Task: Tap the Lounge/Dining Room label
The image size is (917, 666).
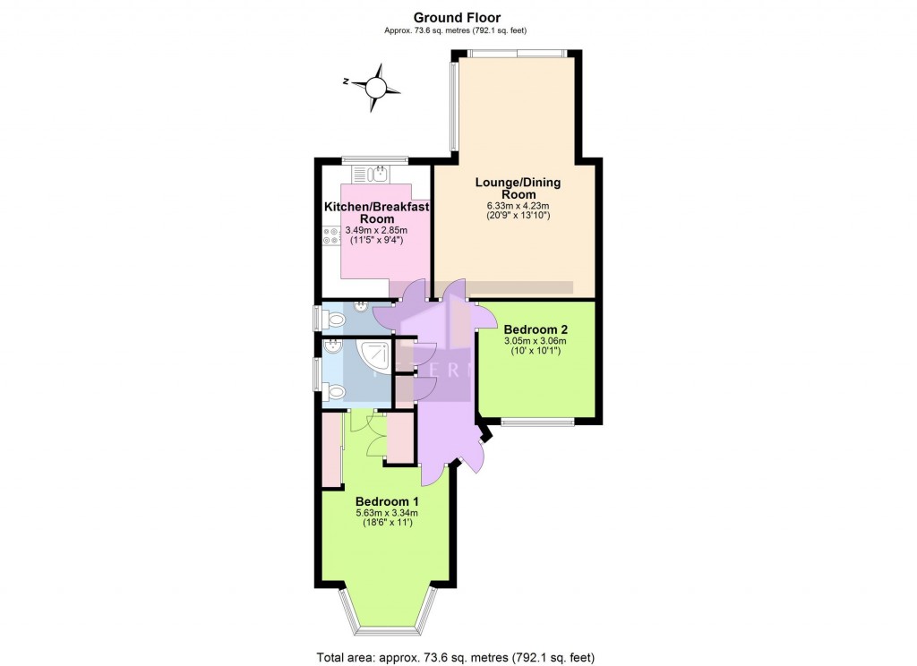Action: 518,188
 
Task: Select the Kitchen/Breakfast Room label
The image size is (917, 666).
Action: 376,212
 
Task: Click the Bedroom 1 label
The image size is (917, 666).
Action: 387,500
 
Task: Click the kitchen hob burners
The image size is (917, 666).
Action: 330,235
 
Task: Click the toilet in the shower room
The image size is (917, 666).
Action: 337,392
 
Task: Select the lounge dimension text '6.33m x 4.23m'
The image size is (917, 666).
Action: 518,205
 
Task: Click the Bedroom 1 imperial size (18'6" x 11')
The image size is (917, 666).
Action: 387,523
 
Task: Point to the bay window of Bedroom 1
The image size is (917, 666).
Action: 387,621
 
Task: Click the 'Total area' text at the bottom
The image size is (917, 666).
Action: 456,658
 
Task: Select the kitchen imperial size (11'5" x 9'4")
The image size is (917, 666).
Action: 375,240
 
